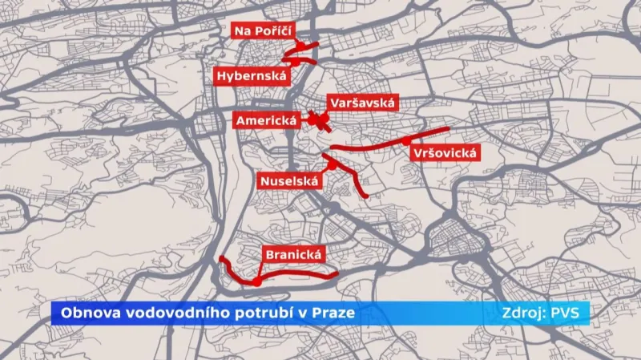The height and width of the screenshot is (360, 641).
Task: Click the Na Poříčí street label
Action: click(x=262, y=31)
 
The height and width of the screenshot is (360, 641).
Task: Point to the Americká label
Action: click(x=266, y=120)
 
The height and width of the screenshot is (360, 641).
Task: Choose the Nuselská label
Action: click(x=289, y=181)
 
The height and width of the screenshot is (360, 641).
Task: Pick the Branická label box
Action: click(x=292, y=255)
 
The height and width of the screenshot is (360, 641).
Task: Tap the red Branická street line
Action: click(x=296, y=275)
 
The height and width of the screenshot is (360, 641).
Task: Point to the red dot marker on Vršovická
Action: click(x=406, y=140)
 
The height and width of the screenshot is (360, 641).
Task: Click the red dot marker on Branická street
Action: click(x=255, y=282)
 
